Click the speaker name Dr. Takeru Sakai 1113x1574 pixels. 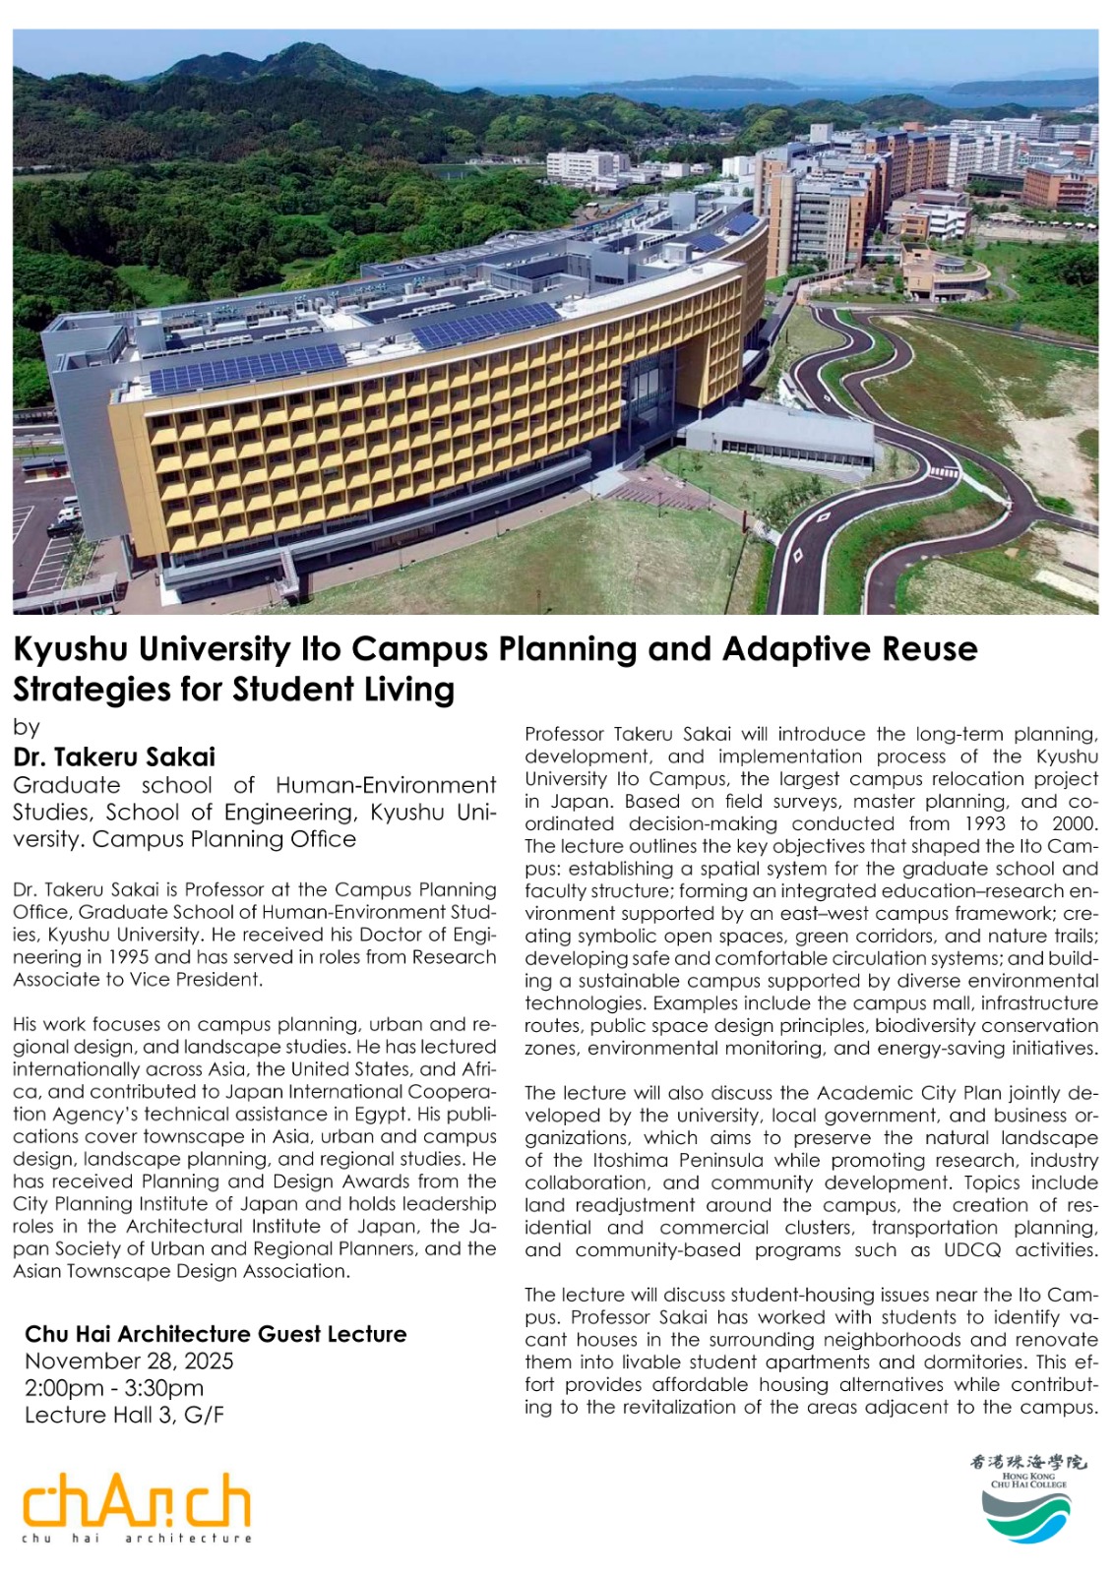tap(114, 757)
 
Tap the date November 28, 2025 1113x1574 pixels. tap(129, 1362)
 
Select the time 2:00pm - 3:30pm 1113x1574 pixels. tap(114, 1388)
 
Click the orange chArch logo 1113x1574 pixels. tap(137, 1500)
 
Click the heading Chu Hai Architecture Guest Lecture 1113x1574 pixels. tap(216, 1334)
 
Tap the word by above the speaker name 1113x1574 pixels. tap(26, 727)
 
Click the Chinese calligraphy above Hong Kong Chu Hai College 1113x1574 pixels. tap(1027, 1463)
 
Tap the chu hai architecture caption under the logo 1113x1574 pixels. tap(137, 1539)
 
